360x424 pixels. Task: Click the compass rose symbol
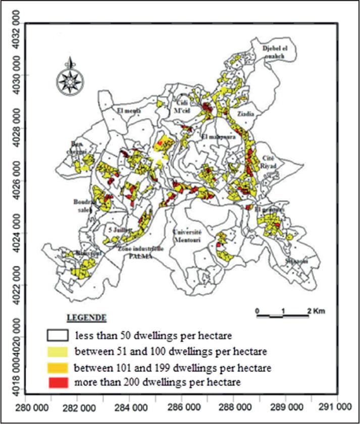click(71, 79)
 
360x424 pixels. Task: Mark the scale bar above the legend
click(282, 316)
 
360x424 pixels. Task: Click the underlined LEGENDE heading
click(86, 318)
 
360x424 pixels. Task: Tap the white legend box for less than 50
click(58, 335)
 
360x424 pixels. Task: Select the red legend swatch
click(58, 382)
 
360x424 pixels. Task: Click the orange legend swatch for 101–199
click(58, 366)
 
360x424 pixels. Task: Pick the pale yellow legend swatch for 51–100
click(58, 351)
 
